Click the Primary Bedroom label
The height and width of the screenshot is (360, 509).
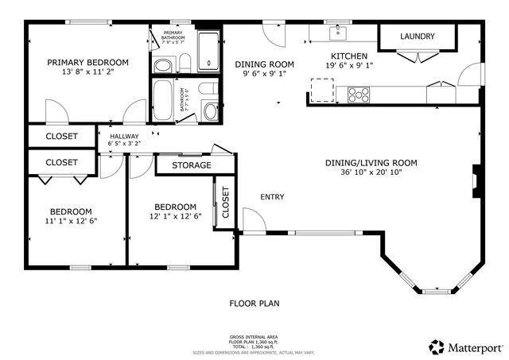click(87, 62)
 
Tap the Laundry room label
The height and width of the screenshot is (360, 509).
click(417, 37)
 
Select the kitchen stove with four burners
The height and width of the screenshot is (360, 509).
click(359, 94)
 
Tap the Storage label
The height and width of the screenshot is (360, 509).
click(192, 165)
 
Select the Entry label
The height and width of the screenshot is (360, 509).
click(272, 196)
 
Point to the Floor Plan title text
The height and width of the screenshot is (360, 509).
click(254, 303)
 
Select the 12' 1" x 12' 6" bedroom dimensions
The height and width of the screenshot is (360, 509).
click(175, 216)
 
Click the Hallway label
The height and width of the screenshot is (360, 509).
click(124, 137)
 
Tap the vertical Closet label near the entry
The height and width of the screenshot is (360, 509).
click(225, 203)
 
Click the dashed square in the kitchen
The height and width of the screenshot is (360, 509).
click(322, 91)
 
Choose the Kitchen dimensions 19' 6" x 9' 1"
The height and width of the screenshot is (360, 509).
click(348, 66)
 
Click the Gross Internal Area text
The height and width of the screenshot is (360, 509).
click(254, 337)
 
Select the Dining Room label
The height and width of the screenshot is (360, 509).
click(264, 64)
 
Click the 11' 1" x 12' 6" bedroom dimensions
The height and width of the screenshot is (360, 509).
click(72, 222)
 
